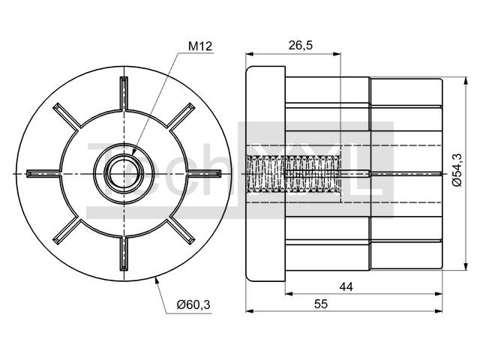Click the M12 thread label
point(200,46)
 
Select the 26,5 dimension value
point(301,45)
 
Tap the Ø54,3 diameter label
point(457,170)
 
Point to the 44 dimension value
point(346,286)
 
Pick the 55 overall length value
point(321,304)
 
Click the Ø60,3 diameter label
point(193,304)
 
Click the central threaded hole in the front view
point(124,174)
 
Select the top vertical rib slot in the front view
point(124,93)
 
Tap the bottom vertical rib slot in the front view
point(124,253)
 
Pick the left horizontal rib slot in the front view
point(43,174)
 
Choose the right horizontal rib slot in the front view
point(204,174)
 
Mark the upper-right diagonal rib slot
point(181,117)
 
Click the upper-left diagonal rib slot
point(67,117)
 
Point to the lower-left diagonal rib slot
point(67,231)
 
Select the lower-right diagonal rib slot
point(181,231)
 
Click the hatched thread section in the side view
point(293,174)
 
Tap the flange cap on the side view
point(265,173)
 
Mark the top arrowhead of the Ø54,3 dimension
point(466,81)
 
